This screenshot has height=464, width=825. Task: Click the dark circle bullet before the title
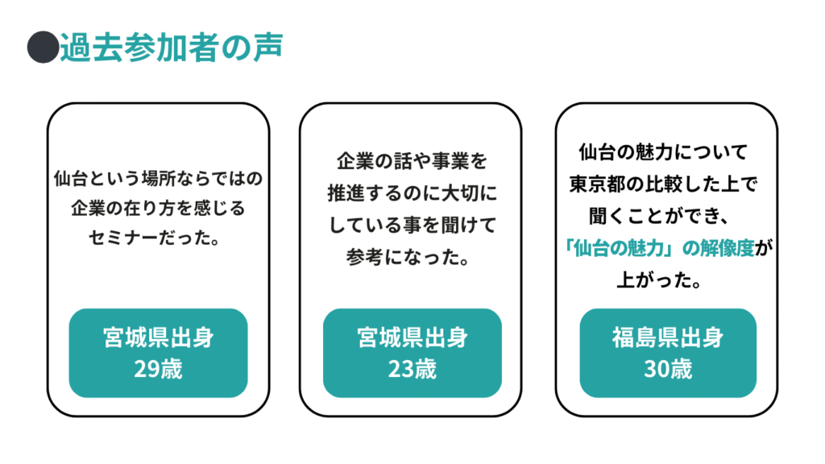tap(41, 48)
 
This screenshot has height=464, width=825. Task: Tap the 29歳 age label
tap(158, 369)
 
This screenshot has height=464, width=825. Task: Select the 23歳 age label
tap(412, 369)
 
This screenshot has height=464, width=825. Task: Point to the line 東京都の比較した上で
tap(662, 184)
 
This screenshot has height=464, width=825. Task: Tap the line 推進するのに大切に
tap(412, 194)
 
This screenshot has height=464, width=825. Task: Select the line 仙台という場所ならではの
tap(159, 176)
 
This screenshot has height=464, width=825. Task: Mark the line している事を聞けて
tap(412, 226)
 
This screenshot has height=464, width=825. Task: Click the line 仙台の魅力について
tap(663, 152)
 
